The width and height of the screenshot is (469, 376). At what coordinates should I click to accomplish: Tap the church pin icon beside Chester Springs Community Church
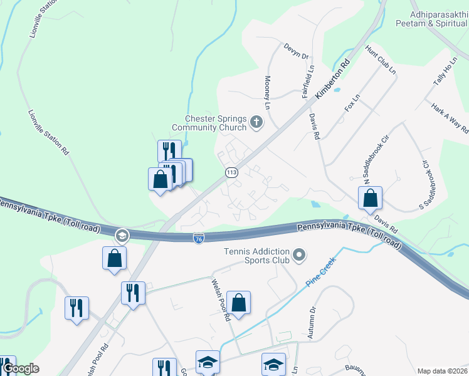256,122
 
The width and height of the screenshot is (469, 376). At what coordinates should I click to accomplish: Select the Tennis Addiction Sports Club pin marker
300,254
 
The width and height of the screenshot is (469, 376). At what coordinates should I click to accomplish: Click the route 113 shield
231,172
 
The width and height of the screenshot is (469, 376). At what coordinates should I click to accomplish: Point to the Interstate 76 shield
198,239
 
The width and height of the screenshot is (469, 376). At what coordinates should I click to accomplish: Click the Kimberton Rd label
332,78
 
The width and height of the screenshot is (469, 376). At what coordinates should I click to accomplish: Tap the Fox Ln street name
353,103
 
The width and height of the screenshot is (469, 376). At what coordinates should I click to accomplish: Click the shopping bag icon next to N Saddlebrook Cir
371,198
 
